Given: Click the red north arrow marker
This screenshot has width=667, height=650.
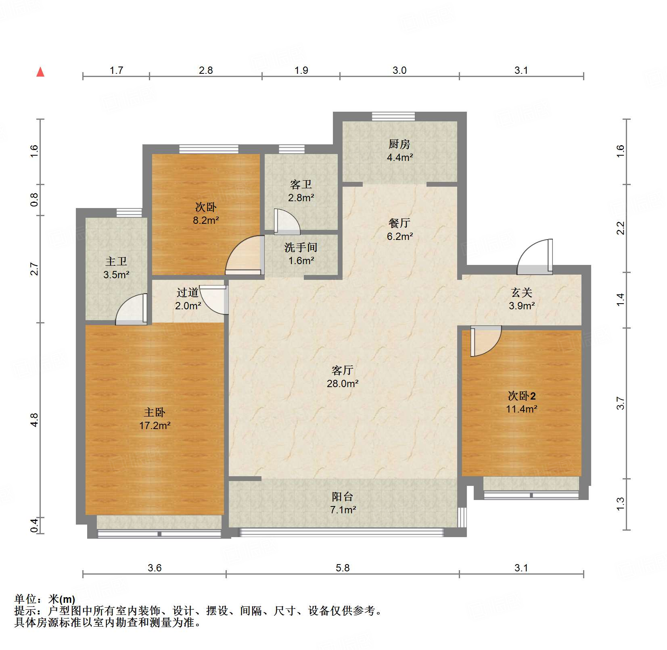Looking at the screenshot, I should tap(40, 72).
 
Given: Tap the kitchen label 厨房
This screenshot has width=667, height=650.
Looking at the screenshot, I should tap(399, 144).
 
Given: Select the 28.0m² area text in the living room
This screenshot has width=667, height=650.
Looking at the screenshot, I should tap(342, 383).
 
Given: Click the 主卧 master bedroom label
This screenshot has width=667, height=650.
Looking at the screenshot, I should tap(155, 412).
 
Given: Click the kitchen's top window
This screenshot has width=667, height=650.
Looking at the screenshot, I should tap(393, 116).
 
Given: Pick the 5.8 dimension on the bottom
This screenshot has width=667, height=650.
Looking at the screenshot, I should tap(342, 568).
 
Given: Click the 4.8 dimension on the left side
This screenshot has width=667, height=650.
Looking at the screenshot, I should tap(35, 420).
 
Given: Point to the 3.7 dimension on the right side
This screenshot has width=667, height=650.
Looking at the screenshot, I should tap(621, 403).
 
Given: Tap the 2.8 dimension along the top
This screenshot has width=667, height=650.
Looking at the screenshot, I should tap(206, 71).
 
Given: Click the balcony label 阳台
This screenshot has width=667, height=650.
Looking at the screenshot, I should tap(342, 497).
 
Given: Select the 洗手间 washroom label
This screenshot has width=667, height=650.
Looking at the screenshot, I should tap(301, 247).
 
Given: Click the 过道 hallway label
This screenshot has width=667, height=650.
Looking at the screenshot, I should tap(188, 292).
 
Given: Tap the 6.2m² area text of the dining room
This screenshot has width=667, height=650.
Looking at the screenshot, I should tap(399, 236).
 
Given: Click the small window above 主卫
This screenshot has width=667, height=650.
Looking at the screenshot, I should tap(129, 212).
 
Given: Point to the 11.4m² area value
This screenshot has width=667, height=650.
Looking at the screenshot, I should tap(521, 409).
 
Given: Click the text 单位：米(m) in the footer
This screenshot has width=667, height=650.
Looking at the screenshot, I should tap(45, 599).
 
